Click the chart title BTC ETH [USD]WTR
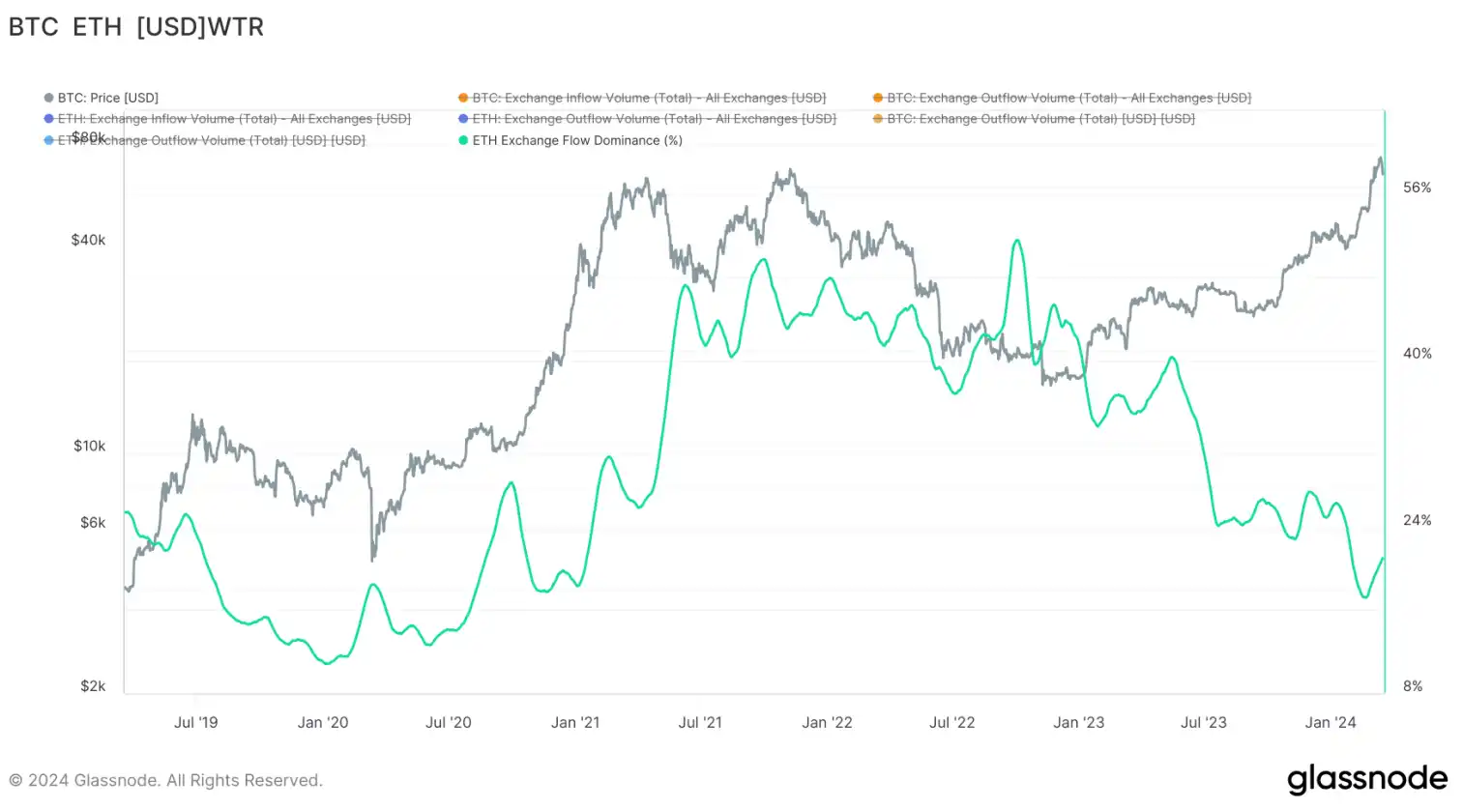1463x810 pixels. [x=136, y=27]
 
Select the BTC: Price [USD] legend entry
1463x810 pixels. [x=107, y=98]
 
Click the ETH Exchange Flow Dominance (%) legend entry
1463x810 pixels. [x=576, y=140]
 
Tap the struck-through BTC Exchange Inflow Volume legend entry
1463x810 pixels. [x=648, y=98]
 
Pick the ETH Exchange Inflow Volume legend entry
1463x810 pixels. [x=233, y=119]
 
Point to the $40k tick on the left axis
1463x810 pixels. [x=88, y=240]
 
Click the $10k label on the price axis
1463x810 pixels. [x=89, y=446]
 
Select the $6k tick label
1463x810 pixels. [x=93, y=523]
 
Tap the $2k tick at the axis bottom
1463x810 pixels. [x=93, y=686]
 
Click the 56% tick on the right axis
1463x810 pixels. [x=1417, y=188]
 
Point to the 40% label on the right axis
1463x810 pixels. [x=1417, y=354]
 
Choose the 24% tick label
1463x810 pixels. [x=1417, y=520]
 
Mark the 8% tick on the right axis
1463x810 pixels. [x=1413, y=686]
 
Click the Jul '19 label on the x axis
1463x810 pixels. [x=195, y=722]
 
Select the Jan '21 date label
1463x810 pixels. [x=575, y=722]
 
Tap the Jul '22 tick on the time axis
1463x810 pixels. [x=952, y=722]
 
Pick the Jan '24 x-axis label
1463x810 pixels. [x=1331, y=722]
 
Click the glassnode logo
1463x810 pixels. [x=1366, y=779]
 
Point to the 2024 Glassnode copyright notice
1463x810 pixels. [x=165, y=780]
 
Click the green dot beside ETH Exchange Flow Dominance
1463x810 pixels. [x=463, y=140]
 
